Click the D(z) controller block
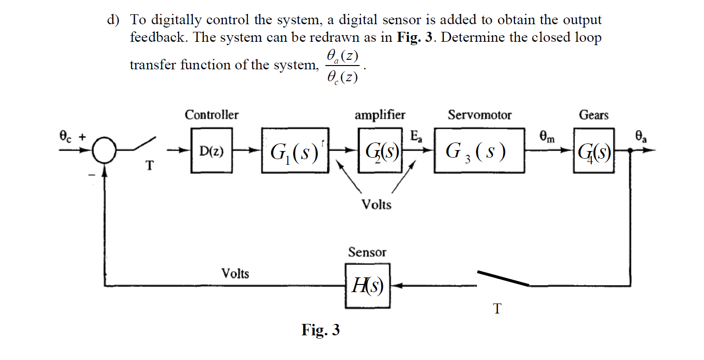point(211,151)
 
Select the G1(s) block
point(295,151)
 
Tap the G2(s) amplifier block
point(381,151)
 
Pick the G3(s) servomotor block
point(479,151)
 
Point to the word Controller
point(211,115)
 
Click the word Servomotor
point(479,115)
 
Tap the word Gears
point(593,115)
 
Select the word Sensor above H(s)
point(367,252)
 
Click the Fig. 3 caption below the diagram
point(321,330)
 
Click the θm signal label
point(547,137)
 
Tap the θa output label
point(641,137)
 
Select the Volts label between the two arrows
point(376,205)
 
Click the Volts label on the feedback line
point(235,274)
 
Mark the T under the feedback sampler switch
point(497,309)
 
